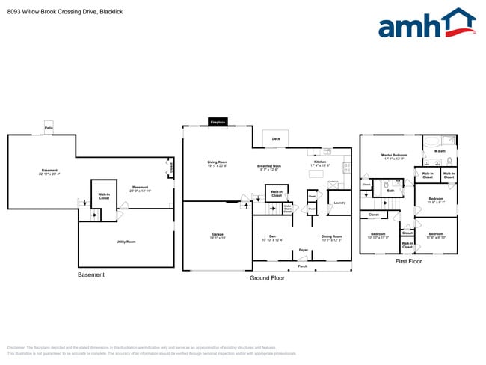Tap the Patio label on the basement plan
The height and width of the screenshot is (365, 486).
(49, 128)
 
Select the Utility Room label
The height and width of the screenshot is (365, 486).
(126, 242)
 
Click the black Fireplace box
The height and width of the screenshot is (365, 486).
(218, 122)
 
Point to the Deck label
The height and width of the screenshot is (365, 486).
(275, 139)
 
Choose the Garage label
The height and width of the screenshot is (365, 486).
(218, 236)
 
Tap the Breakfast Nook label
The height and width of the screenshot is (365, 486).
(269, 167)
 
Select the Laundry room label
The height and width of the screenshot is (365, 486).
(339, 203)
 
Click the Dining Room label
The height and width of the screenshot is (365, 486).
(331, 238)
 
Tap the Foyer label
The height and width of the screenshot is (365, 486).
(303, 250)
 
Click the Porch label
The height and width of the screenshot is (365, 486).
(303, 266)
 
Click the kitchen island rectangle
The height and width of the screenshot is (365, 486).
(316, 174)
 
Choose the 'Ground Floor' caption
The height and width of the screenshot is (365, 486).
(267, 278)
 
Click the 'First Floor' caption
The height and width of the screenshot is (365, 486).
(408, 262)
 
